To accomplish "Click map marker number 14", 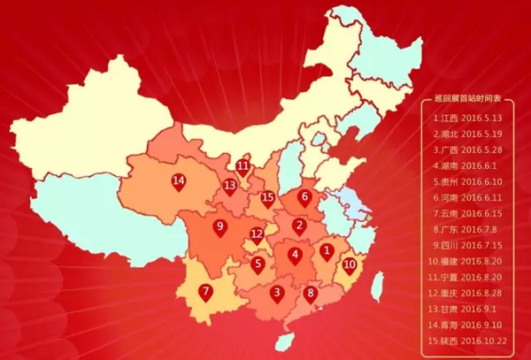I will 179,182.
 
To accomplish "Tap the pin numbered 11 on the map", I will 243,166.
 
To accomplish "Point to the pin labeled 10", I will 350,264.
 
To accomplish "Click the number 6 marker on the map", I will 305,198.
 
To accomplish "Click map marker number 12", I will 257,236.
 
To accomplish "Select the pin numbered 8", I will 310,294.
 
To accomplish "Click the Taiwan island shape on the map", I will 378,285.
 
